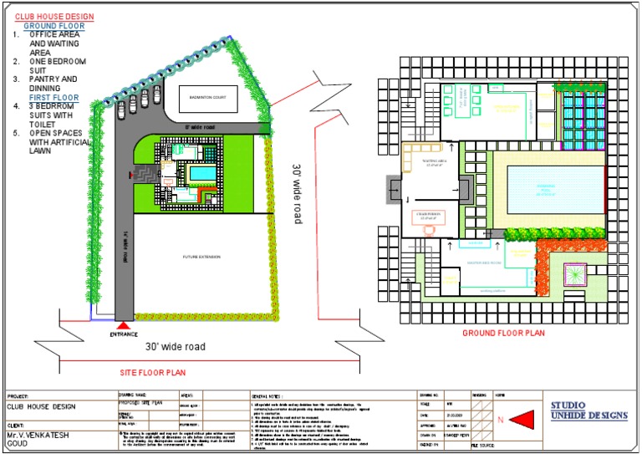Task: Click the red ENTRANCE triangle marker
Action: tap(124, 325)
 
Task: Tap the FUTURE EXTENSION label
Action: tap(201, 255)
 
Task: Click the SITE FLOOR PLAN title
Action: tap(153, 371)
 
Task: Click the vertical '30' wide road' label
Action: tap(296, 193)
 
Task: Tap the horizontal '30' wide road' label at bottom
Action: tap(175, 346)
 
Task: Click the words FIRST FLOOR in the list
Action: tap(59, 98)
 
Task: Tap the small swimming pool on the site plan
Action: tap(201, 173)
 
